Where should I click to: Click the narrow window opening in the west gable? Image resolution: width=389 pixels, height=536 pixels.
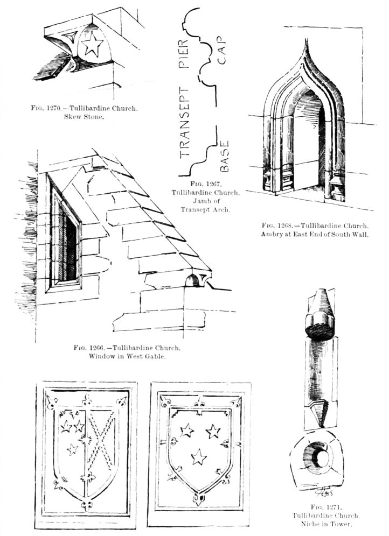[67, 239]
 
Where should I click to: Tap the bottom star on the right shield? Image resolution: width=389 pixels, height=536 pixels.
[199, 457]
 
